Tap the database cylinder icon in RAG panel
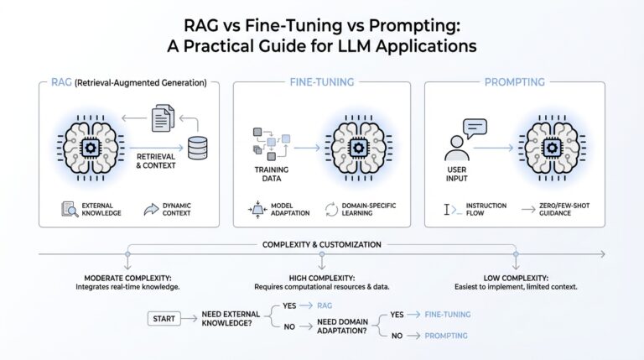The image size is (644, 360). pos(198,149)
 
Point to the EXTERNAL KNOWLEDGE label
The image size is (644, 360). pos(100,208)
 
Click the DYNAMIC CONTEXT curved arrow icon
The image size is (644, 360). pos(151,208)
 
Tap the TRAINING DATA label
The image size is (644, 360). pos(271,173)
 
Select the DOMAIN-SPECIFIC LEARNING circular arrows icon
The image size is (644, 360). pos(331,208)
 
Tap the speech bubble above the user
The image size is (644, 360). pos(475,128)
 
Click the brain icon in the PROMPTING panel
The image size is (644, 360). pos(552,147)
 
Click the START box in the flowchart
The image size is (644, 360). pos(165,319)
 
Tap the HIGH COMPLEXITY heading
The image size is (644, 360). pos(321,278)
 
